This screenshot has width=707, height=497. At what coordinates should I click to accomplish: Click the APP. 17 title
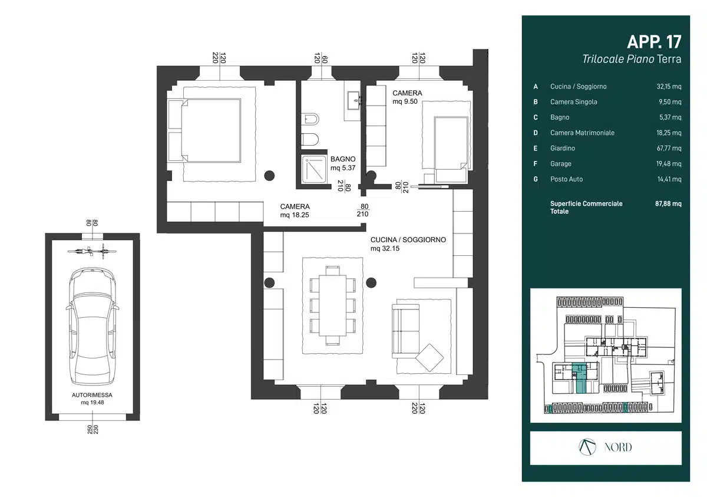point(654,42)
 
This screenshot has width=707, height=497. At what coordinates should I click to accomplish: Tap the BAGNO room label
point(343,159)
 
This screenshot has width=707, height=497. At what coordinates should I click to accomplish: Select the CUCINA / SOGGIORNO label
point(408,240)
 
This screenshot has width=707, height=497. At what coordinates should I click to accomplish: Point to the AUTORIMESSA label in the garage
point(92,395)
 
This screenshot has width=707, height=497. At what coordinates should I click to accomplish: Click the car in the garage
point(92,326)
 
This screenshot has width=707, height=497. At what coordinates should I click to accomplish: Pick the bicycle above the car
point(92,251)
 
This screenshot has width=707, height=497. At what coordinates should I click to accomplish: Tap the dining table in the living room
point(333,305)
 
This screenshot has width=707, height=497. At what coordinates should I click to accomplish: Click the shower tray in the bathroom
point(314,170)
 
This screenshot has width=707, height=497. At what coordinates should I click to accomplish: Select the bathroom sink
point(353,100)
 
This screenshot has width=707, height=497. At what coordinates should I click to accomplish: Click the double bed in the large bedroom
point(204,130)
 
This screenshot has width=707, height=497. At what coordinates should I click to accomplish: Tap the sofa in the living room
point(406,331)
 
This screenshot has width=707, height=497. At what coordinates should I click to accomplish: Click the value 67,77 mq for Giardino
point(669,148)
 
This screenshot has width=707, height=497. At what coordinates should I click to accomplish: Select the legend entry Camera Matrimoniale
point(582,133)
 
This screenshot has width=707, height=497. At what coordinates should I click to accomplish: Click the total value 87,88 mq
point(668,203)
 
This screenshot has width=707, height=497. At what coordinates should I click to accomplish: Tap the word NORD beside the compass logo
point(618,447)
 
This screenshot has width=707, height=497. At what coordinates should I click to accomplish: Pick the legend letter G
point(536,179)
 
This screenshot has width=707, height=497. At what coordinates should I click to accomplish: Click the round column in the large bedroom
point(269,176)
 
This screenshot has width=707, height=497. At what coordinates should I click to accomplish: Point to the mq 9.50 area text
point(405,101)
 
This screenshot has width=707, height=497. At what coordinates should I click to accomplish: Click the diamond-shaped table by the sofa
point(430,358)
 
